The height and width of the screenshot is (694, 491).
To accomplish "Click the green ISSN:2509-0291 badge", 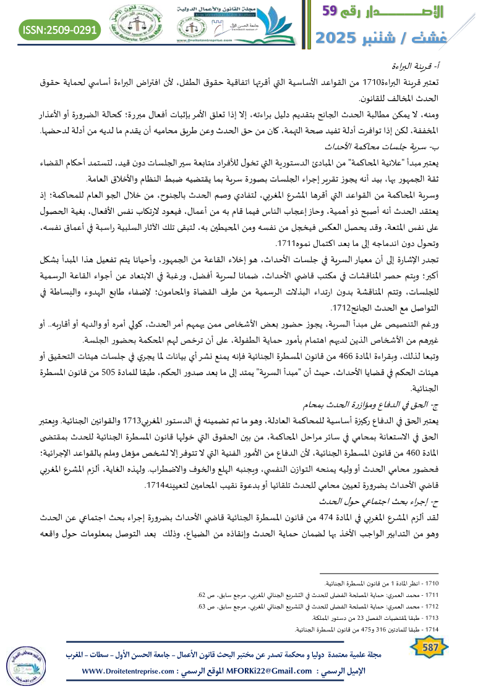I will [60, 29].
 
